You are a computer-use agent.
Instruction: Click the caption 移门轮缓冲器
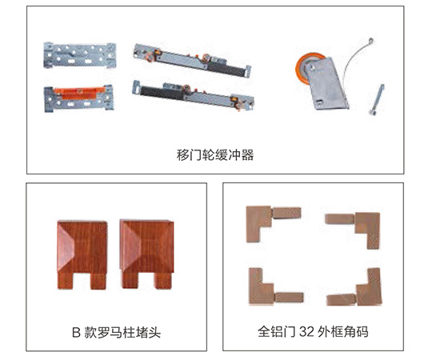click(x=215, y=155)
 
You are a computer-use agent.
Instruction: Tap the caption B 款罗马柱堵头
click(x=116, y=332)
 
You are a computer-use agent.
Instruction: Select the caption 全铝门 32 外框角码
click(x=313, y=332)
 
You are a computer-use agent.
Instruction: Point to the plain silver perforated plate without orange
click(x=79, y=55)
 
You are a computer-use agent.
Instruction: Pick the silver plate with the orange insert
click(x=79, y=98)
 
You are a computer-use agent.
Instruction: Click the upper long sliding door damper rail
click(x=193, y=60)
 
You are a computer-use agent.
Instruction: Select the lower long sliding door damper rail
click(x=194, y=95)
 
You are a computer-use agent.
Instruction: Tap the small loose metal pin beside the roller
click(x=377, y=99)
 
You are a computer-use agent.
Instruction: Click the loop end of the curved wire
click(x=370, y=42)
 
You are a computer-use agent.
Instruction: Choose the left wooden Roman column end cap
click(x=82, y=254)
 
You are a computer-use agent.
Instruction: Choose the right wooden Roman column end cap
click(x=147, y=254)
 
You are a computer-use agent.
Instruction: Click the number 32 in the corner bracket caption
click(x=306, y=332)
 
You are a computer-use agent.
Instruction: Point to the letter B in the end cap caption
click(x=76, y=332)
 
